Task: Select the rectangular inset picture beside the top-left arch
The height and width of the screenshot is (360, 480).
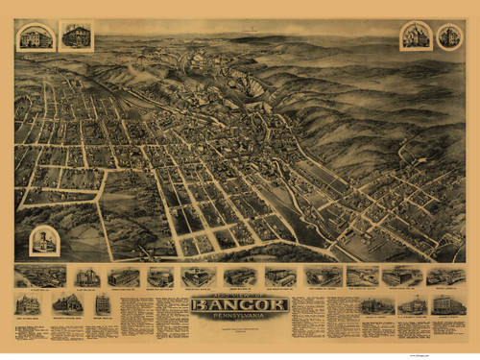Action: coord(75,36)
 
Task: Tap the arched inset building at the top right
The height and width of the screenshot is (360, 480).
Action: coord(416,36)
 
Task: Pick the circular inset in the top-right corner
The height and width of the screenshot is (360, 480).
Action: coord(448,36)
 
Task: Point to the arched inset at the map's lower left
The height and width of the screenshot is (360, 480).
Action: coord(44,241)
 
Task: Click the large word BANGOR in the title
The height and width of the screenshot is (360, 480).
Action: coord(239,305)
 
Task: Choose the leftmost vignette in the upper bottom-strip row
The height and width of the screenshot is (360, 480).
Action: coord(40,276)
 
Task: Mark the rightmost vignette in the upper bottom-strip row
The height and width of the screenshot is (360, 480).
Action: coord(445,276)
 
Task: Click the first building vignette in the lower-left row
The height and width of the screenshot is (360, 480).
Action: coord(28,305)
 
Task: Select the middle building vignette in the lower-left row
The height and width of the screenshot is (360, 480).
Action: coord(67,303)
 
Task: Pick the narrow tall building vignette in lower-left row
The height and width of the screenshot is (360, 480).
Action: coord(102,304)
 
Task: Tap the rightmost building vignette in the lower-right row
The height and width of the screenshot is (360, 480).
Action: coord(446,305)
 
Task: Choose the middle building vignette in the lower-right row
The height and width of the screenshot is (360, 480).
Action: coord(412,305)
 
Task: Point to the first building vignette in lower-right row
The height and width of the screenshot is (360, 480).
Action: coord(375,305)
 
